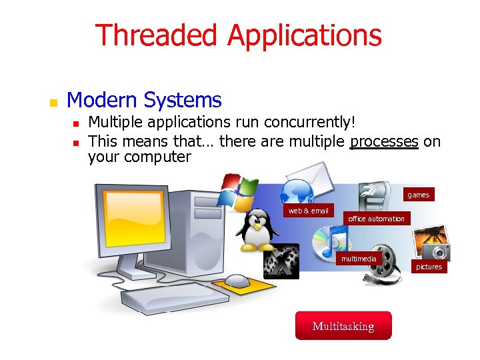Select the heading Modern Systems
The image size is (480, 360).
tap(144, 101)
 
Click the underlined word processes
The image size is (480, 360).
tap(384, 141)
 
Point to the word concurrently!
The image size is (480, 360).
tap(310, 123)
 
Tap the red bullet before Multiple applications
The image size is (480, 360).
tap(77, 124)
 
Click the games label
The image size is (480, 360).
tap(418, 195)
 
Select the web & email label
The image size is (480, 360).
tap(308, 211)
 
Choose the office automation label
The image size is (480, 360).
tap(376, 219)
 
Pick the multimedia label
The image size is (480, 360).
tap(359, 258)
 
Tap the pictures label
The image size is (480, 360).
tap(429, 267)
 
